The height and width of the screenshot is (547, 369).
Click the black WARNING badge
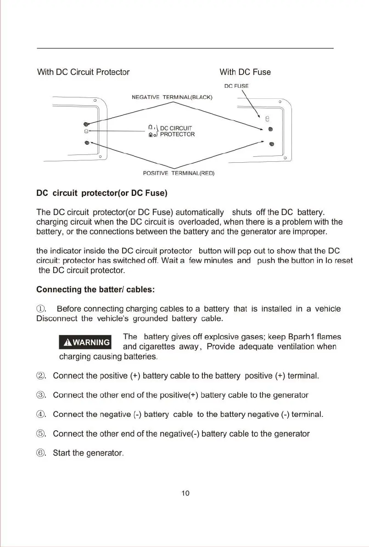tap(86, 342)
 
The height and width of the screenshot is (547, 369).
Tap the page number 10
tap(185, 493)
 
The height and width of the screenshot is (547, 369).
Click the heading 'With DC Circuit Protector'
tap(83, 72)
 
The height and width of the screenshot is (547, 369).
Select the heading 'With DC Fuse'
tap(245, 72)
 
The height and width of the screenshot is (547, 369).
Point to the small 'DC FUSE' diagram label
tap(236, 85)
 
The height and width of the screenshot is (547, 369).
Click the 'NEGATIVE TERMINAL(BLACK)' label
tap(172, 97)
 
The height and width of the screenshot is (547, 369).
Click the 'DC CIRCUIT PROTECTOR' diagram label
tap(177, 131)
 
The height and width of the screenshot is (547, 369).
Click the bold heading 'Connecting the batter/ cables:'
tap(95, 290)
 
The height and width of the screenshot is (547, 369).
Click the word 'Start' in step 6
tap(61, 453)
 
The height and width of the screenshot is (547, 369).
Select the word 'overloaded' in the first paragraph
tap(198, 222)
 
